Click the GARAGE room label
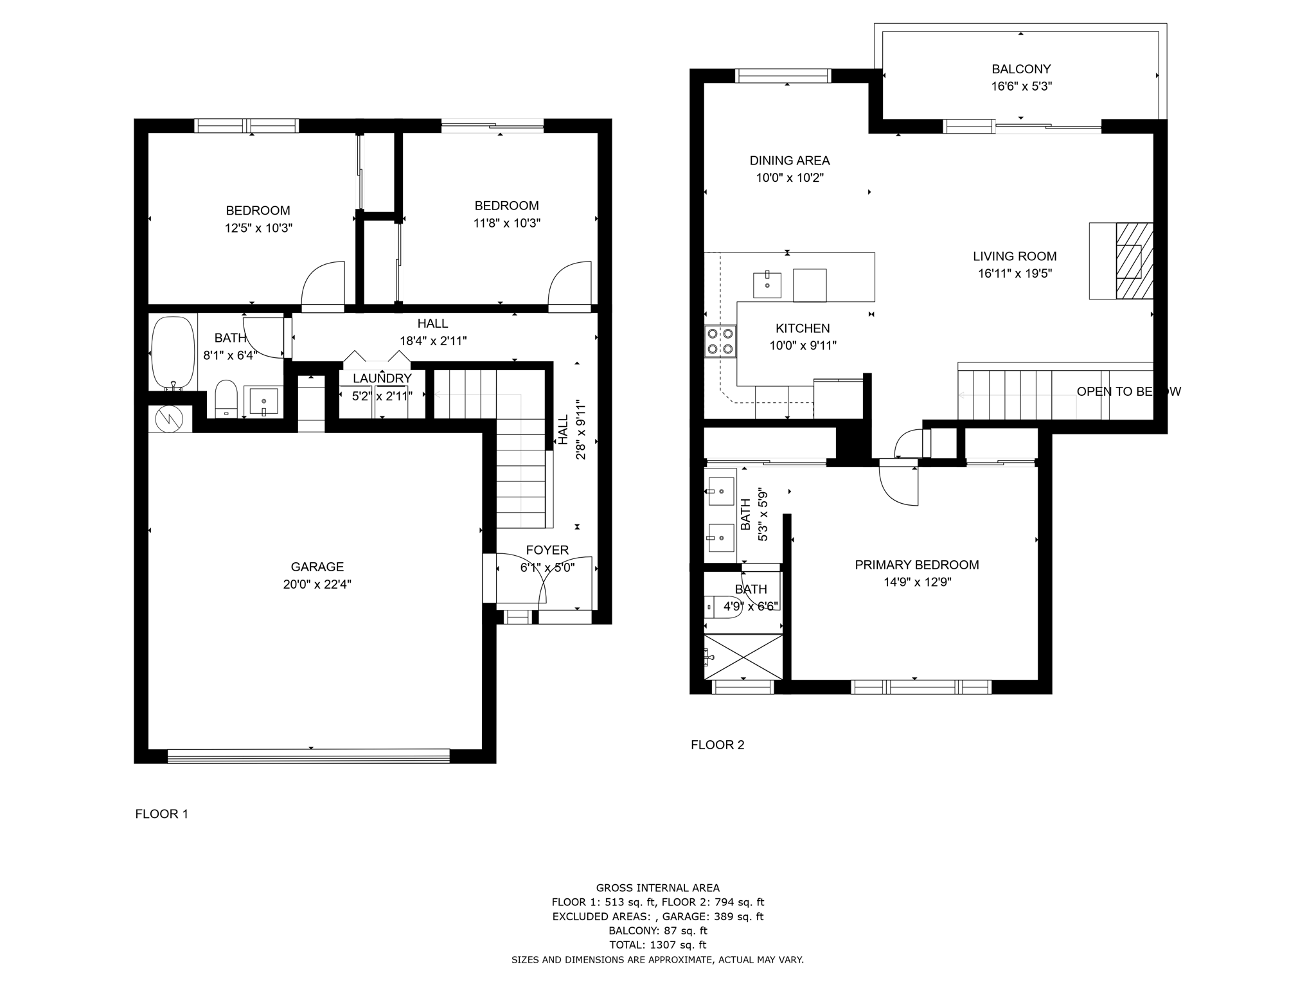pyautogui.click(x=317, y=567)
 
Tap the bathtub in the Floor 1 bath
pyautogui.click(x=172, y=352)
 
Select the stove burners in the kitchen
pyautogui.click(x=720, y=341)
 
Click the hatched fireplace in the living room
pyautogui.click(x=1134, y=261)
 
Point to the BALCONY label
pyautogui.click(x=1020, y=69)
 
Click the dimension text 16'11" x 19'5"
pyautogui.click(x=1015, y=274)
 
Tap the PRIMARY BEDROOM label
pyautogui.click(x=916, y=565)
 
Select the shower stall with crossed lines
pyautogui.click(x=743, y=657)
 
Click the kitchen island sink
pyautogui.click(x=767, y=285)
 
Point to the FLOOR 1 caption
pyautogui.click(x=161, y=814)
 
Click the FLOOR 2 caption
pyautogui.click(x=717, y=745)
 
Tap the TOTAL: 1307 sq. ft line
pyautogui.click(x=657, y=945)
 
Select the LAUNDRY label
pyautogui.click(x=382, y=378)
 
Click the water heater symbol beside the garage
pyautogui.click(x=170, y=419)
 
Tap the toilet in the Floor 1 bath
pyautogui.click(x=226, y=398)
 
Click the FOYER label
pyautogui.click(x=547, y=550)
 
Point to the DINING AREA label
pyautogui.click(x=789, y=161)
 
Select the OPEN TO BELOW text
pyautogui.click(x=1128, y=391)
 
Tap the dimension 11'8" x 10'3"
pyautogui.click(x=506, y=223)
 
